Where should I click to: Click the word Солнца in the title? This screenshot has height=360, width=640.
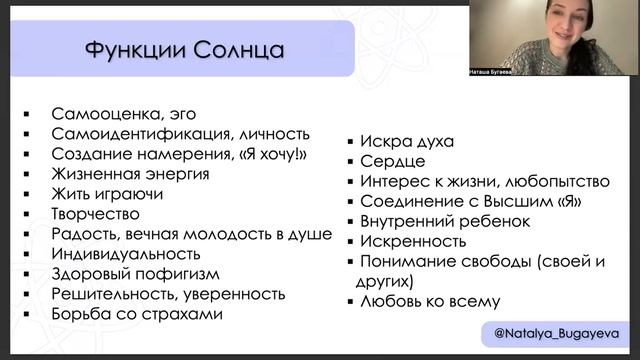pyautogui.click(x=237, y=49)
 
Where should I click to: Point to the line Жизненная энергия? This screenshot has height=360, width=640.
pyautogui.click(x=129, y=174)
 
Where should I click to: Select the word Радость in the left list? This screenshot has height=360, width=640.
pyautogui.click(x=83, y=234)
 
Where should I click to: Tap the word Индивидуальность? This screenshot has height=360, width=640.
pyautogui.click(x=123, y=254)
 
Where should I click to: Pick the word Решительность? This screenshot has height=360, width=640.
pyautogui.click(x=110, y=294)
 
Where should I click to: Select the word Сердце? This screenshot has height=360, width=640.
pyautogui.click(x=392, y=161)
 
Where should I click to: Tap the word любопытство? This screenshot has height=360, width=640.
pyautogui.click(x=556, y=181)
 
